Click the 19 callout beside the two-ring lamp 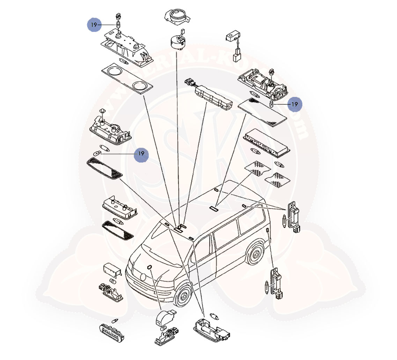click(x=94, y=25)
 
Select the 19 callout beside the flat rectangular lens click(x=295, y=104)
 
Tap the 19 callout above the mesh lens click(x=141, y=153)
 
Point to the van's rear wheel click(x=256, y=254)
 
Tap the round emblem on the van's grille click(x=143, y=277)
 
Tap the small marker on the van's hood click(x=150, y=268)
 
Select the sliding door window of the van click(x=225, y=236)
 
